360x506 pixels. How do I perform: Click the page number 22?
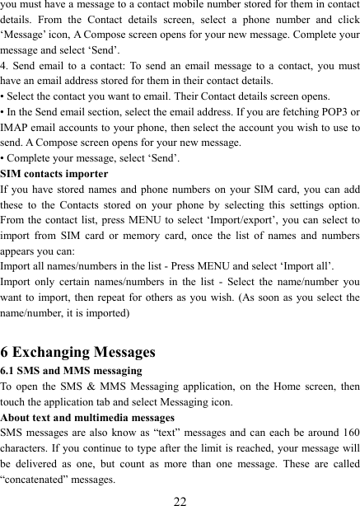click(x=180, y=499)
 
